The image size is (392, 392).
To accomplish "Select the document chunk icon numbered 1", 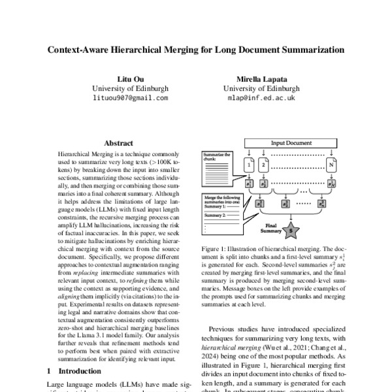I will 249,166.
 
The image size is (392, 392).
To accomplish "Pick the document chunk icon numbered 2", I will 263,166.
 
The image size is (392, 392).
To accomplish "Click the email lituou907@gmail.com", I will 130,99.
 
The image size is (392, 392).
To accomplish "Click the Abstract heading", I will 118,143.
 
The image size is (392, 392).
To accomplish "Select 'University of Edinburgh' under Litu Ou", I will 130,88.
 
